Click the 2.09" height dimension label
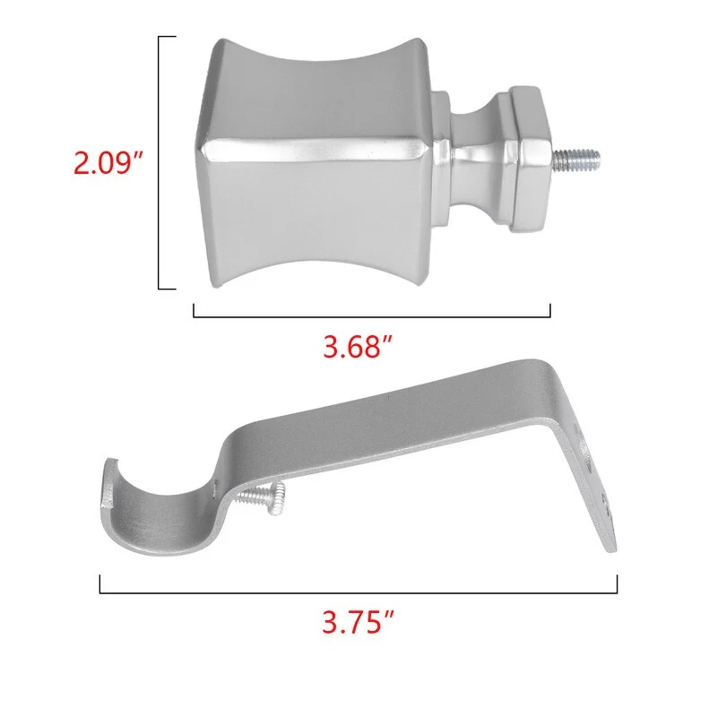tap(108, 163)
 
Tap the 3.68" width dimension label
tap(358, 347)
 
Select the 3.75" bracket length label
tap(358, 622)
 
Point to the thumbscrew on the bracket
tap(263, 497)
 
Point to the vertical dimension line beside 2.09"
tap(159, 162)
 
